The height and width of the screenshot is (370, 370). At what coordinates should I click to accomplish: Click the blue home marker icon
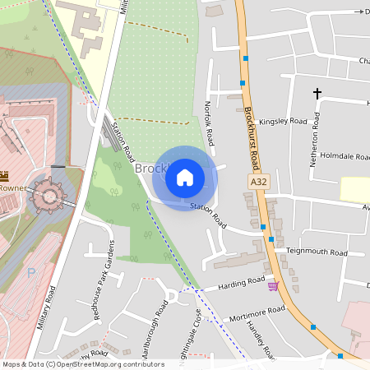pyautogui.click(x=185, y=177)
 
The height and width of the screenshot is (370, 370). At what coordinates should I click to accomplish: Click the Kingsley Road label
pyautogui.click(x=283, y=122)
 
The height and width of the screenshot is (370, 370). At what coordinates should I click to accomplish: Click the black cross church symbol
pyautogui.click(x=317, y=94)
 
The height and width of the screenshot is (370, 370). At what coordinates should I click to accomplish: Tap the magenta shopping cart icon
pyautogui.click(x=273, y=285)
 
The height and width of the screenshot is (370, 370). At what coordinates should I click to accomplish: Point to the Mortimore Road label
pyautogui.click(x=257, y=313)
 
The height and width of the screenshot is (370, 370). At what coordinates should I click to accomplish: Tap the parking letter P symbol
pyautogui.click(x=31, y=272)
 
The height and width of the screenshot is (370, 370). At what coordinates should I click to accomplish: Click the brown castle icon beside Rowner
pyautogui.click(x=4, y=175)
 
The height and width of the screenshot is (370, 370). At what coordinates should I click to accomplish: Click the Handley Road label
pyautogui.click(x=261, y=337)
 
